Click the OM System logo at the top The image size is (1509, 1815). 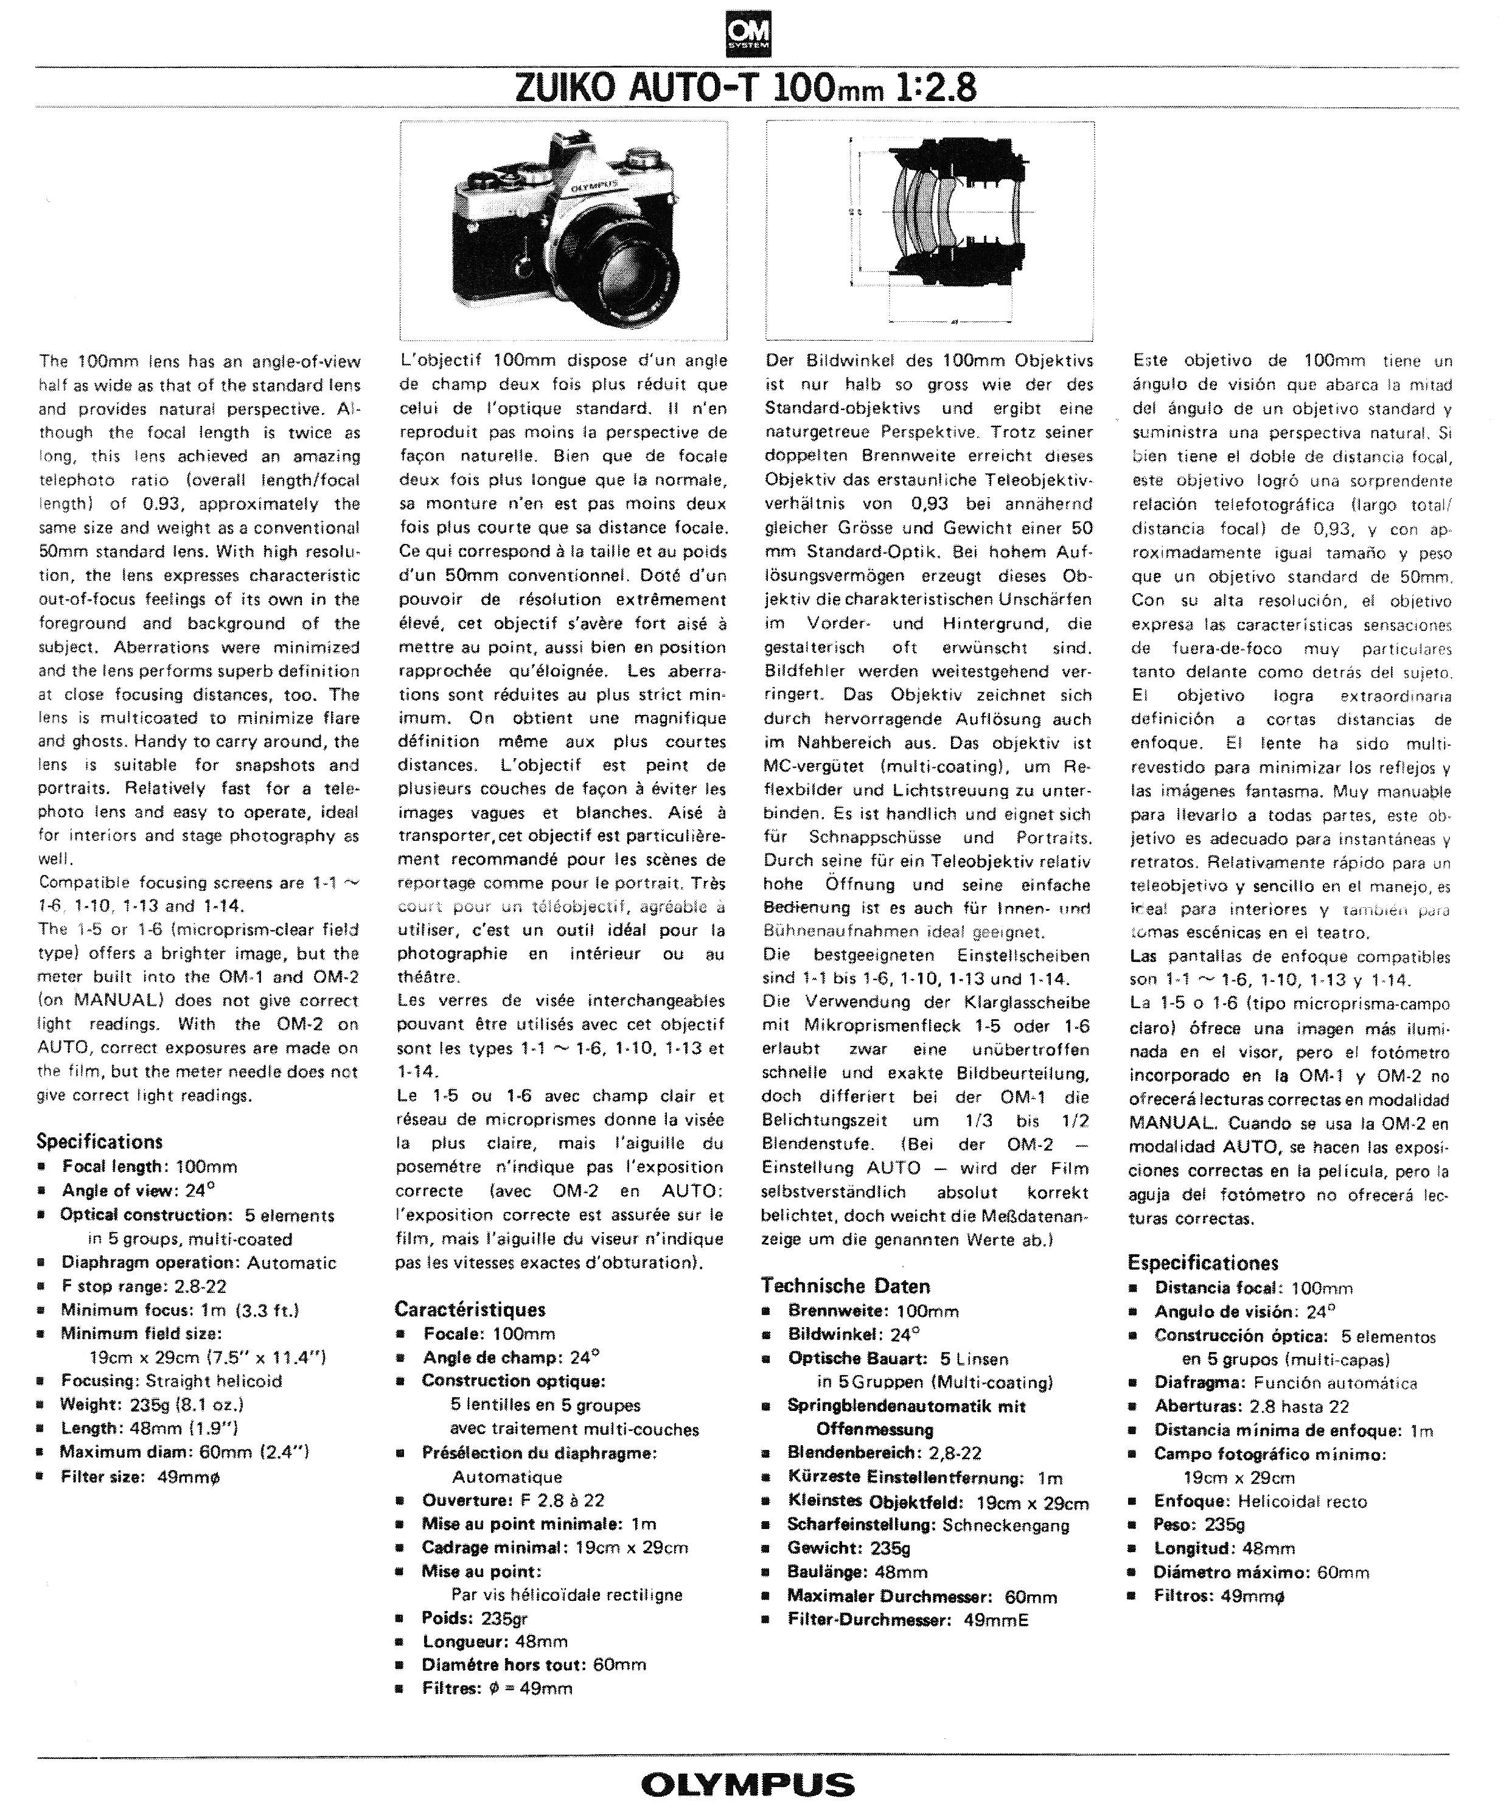[748, 37]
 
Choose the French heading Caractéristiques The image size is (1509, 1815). [470, 1309]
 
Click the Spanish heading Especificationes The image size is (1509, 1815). [1203, 1263]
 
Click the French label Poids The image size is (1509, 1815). [446, 1618]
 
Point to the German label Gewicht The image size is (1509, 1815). [824, 1548]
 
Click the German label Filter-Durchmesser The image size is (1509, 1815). [868, 1620]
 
